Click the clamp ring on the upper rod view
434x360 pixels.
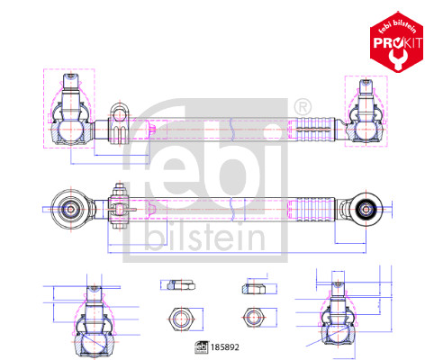[116, 126]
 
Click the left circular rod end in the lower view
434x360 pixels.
[70, 210]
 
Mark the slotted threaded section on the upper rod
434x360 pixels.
[317, 131]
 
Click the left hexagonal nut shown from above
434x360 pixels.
[177, 319]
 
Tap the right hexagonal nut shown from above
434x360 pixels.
[251, 319]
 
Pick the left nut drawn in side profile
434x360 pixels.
[177, 285]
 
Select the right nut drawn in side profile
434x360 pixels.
[251, 287]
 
